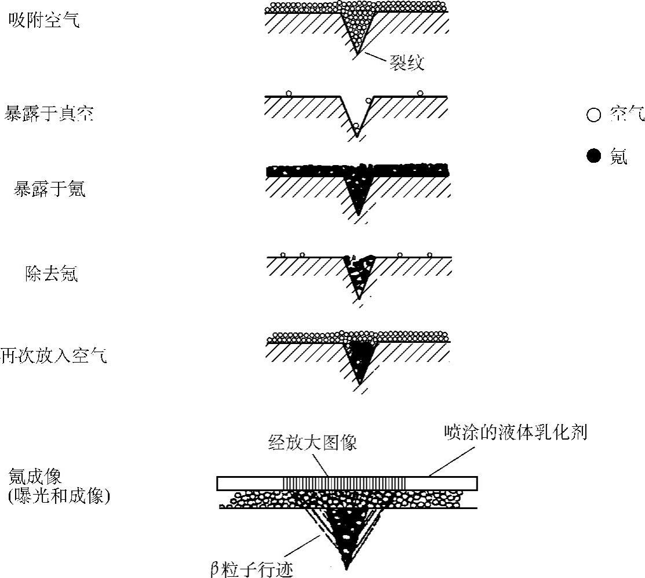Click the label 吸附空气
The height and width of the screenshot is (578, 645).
click(x=44, y=21)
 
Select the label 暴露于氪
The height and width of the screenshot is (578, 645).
click(x=50, y=189)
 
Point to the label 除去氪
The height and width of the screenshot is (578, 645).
click(x=51, y=273)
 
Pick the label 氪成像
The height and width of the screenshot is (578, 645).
click(x=35, y=477)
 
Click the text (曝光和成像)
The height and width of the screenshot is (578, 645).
click(x=59, y=496)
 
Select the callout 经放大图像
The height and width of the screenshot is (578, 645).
click(x=312, y=443)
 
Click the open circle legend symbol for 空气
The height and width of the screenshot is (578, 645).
click(x=594, y=115)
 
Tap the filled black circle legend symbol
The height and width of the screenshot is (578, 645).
click(x=594, y=156)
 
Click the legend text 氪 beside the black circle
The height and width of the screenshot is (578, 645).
click(x=618, y=156)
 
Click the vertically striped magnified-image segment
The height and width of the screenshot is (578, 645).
click(x=345, y=483)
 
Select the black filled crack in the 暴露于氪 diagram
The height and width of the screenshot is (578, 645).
click(x=358, y=194)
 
